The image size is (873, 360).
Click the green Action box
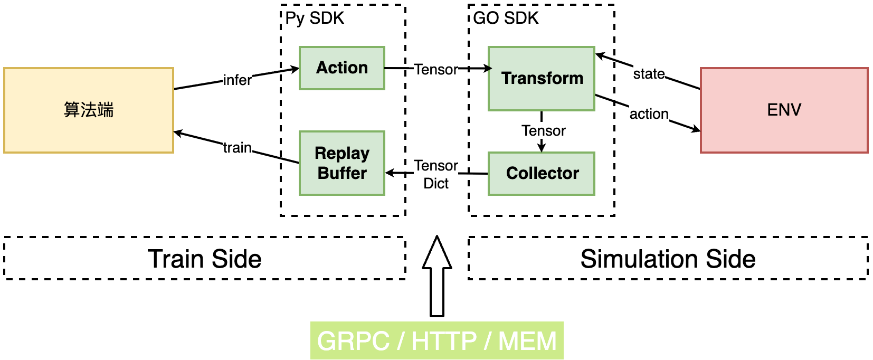point(341,68)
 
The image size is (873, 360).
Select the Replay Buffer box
point(341,163)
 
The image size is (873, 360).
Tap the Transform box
point(542,79)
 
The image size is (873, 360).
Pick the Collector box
point(542,174)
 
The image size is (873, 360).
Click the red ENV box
point(784,110)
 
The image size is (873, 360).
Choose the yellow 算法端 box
point(89,110)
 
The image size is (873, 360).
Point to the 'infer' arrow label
point(237,80)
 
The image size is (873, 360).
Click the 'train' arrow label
point(237,148)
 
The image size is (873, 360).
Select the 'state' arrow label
point(649,74)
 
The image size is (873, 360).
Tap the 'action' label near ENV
point(649,114)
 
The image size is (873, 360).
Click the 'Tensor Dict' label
point(436,174)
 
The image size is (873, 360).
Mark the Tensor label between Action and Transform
point(436,70)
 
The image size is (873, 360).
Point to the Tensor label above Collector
point(543,130)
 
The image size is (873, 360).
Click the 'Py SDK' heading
point(315,18)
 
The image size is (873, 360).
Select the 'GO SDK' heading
point(506,18)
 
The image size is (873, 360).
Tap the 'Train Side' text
point(205,259)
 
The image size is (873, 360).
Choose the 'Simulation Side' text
point(668,259)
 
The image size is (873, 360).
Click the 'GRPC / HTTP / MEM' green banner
point(437,340)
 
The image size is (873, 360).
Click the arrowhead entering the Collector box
point(542,148)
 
